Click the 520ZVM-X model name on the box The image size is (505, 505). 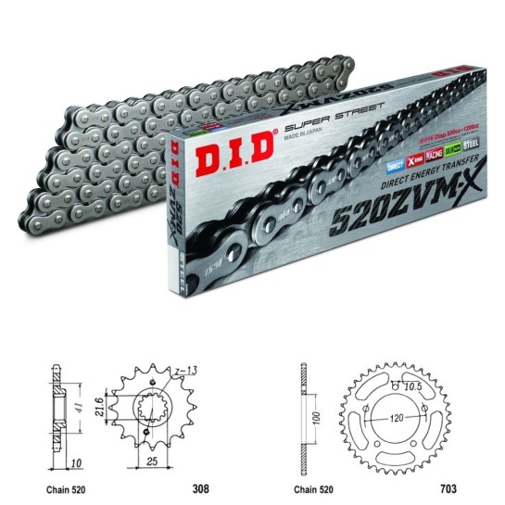(415, 209)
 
